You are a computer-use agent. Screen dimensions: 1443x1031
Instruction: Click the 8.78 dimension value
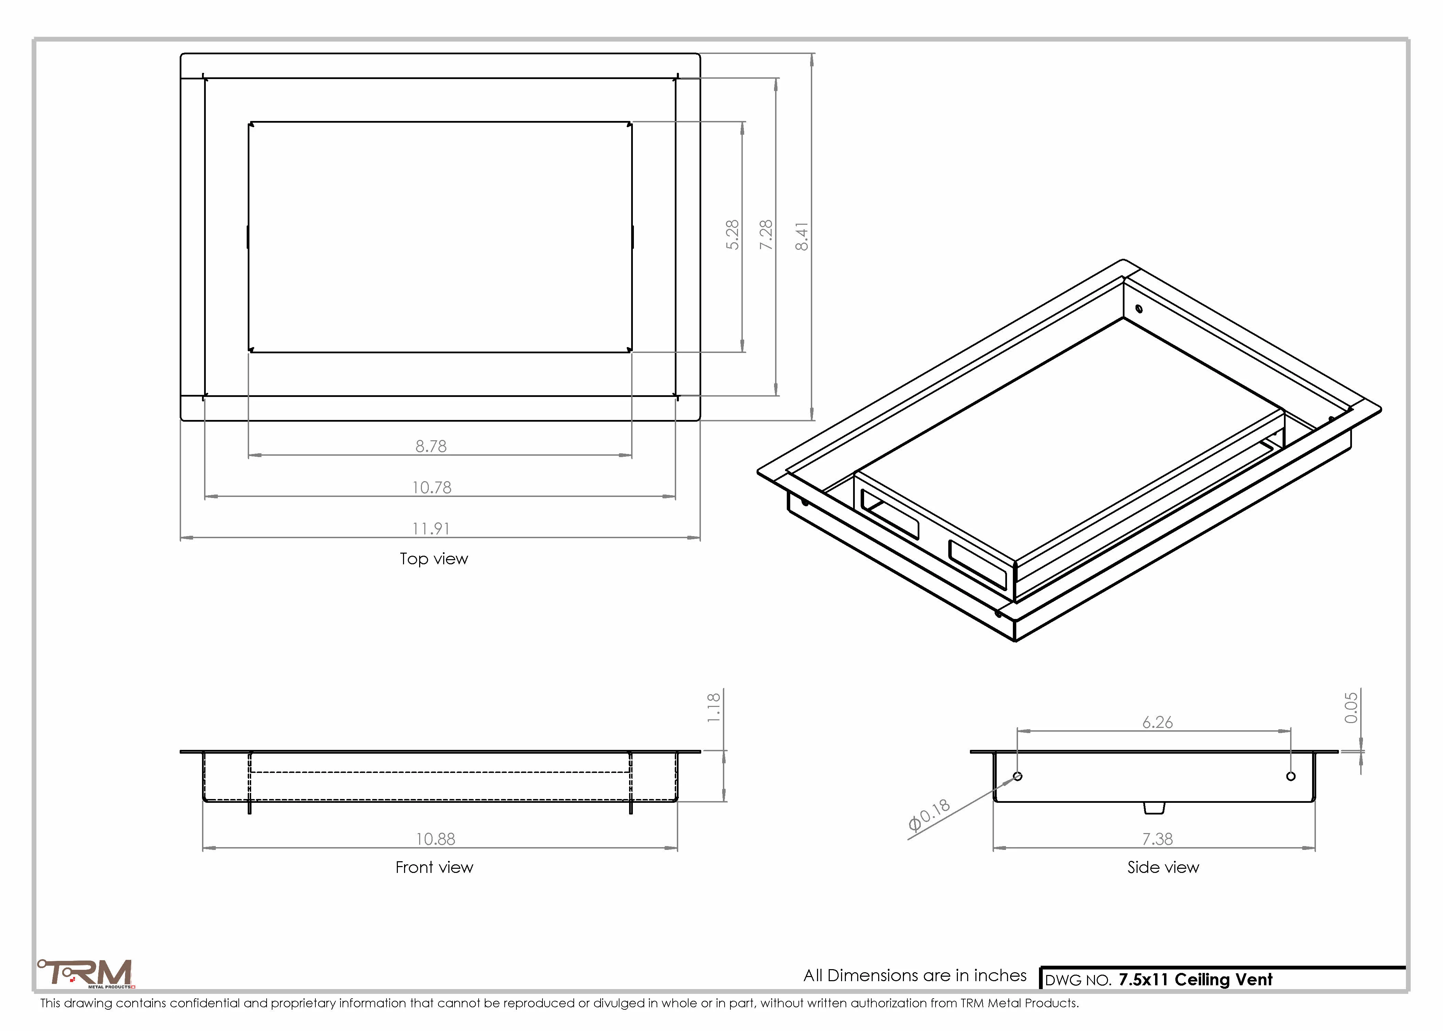(431, 446)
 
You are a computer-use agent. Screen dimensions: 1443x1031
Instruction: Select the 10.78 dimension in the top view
(432, 488)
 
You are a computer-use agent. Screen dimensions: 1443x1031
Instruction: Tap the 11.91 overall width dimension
(431, 529)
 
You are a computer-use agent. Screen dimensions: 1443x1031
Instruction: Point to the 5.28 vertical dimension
(732, 235)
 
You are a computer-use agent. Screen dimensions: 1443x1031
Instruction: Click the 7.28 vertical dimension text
(767, 235)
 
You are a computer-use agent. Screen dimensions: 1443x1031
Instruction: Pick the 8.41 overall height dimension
(802, 236)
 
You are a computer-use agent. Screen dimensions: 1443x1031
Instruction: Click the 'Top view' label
(434, 559)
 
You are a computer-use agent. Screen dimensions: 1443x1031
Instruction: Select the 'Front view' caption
(434, 867)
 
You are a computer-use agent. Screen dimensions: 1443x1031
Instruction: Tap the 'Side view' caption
(1163, 867)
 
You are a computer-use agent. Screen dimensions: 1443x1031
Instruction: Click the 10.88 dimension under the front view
(435, 839)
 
